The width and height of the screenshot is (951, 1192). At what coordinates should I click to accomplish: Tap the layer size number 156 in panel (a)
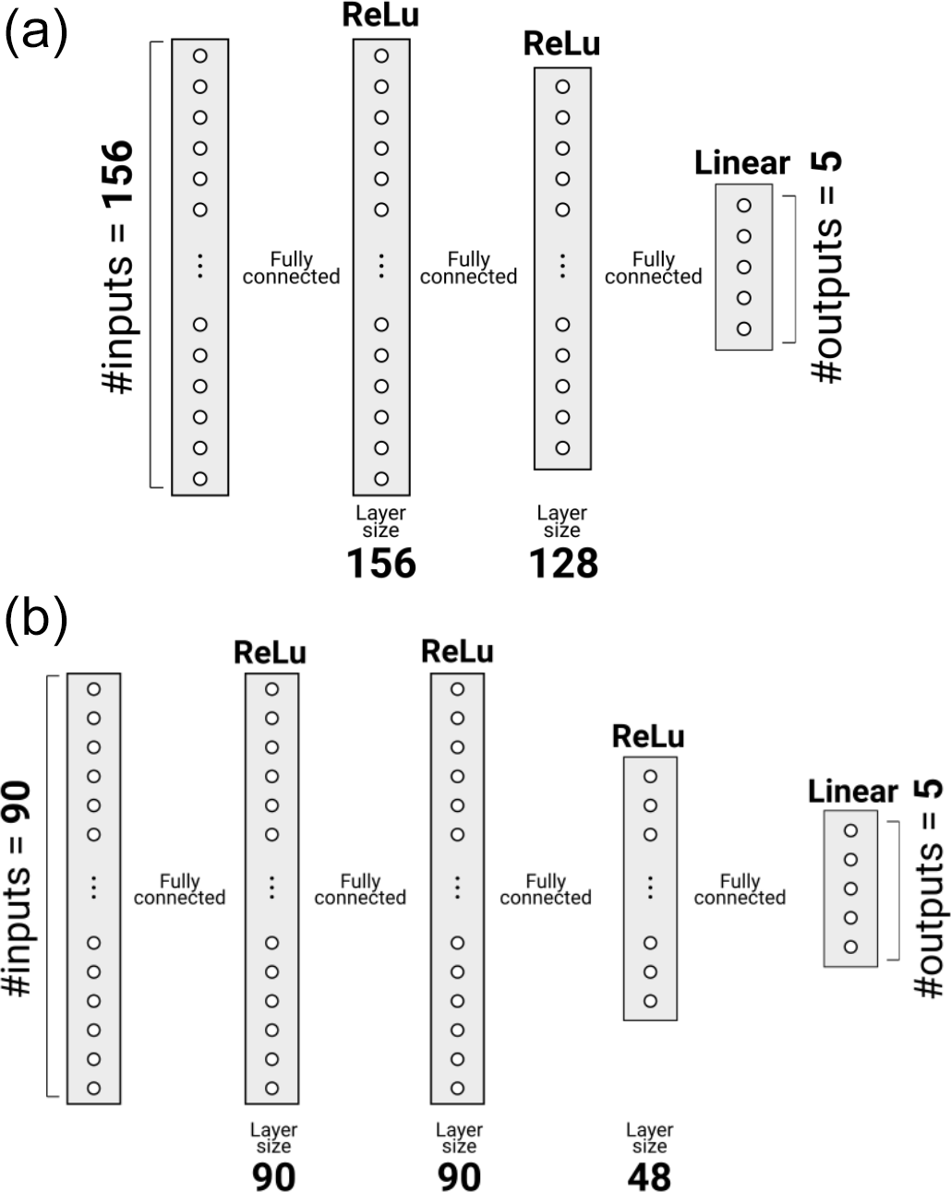click(381, 563)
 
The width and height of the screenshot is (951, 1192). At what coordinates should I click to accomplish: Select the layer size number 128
click(563, 563)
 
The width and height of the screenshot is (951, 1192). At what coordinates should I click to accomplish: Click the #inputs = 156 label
click(120, 267)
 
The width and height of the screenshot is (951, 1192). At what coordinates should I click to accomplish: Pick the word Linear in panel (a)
click(742, 163)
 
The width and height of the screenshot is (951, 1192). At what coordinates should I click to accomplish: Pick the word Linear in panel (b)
click(852, 792)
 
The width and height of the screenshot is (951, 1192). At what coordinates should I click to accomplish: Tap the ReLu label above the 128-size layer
click(561, 44)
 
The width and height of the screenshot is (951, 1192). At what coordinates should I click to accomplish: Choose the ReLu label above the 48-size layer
click(649, 736)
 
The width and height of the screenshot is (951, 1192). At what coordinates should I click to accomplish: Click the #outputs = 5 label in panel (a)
click(827, 268)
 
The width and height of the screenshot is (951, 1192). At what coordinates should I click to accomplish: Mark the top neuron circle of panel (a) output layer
click(743, 206)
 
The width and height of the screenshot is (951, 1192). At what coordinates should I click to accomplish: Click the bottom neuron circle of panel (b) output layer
click(850, 947)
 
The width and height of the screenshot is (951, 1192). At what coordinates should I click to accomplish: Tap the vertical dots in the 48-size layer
click(650, 888)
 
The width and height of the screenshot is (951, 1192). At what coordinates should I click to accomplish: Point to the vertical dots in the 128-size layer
click(562, 267)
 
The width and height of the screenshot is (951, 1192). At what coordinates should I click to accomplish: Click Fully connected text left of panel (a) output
click(654, 268)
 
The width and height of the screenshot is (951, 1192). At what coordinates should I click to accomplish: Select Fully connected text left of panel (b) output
click(740, 889)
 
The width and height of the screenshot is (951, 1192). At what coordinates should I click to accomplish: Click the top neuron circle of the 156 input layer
click(199, 56)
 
